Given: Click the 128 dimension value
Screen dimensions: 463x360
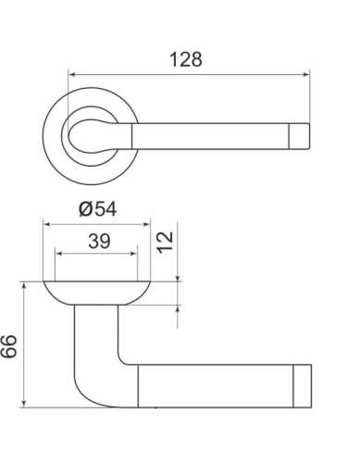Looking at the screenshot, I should click(x=186, y=59).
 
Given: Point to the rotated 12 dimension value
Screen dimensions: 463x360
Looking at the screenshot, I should click(x=166, y=244).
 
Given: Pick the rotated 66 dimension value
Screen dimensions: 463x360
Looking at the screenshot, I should click(x=10, y=345).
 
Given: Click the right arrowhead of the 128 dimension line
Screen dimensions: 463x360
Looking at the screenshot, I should click(x=307, y=76).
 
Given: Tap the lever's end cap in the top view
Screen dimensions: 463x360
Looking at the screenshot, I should click(x=302, y=134).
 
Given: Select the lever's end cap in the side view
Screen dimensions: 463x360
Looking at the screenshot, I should click(x=302, y=384).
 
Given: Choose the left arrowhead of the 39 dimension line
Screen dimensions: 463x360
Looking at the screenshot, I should click(x=58, y=253).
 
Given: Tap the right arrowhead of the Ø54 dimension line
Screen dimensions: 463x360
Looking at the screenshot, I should click(x=146, y=221).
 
